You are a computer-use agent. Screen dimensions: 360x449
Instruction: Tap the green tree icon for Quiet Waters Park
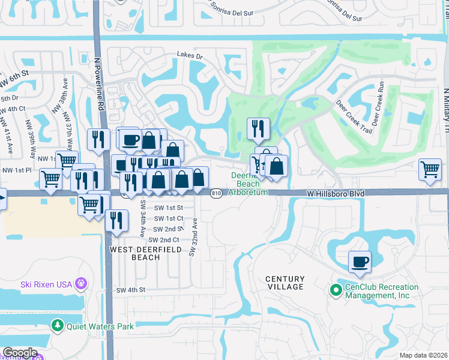pyautogui.click(x=58, y=326)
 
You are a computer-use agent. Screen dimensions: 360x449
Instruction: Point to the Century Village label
pyautogui.click(x=286, y=283)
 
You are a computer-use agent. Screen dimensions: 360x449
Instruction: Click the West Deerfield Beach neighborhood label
pyautogui.click(x=136, y=253)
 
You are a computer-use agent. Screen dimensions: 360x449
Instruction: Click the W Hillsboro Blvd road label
pyautogui.click(x=336, y=193)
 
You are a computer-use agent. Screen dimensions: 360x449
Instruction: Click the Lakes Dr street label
pyautogui.click(x=190, y=55)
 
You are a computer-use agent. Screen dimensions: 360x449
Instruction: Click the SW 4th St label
pyautogui.click(x=131, y=290)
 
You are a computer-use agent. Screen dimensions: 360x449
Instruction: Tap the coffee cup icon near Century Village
pyautogui.click(x=360, y=262)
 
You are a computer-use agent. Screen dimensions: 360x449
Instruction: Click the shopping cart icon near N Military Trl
pyautogui.click(x=430, y=169)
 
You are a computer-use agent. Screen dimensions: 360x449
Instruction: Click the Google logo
pyautogui.click(x=20, y=353)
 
